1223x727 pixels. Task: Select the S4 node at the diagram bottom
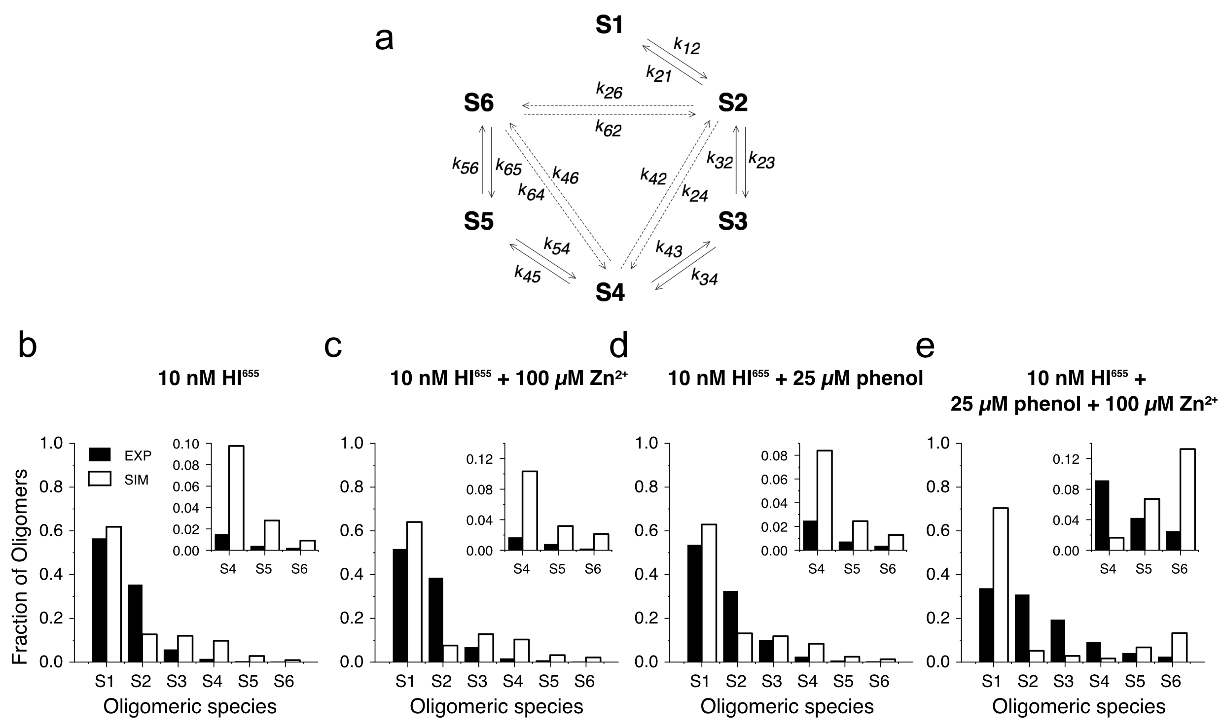pos(610,293)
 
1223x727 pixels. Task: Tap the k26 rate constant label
pos(609,91)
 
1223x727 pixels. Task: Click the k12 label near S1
pos(687,46)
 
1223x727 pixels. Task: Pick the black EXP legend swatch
pos(100,454)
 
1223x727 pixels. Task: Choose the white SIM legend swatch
pos(100,479)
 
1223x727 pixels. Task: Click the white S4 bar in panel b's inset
pos(236,498)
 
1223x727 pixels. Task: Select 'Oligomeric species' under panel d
pos(787,707)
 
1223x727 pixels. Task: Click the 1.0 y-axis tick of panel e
pos(937,444)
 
